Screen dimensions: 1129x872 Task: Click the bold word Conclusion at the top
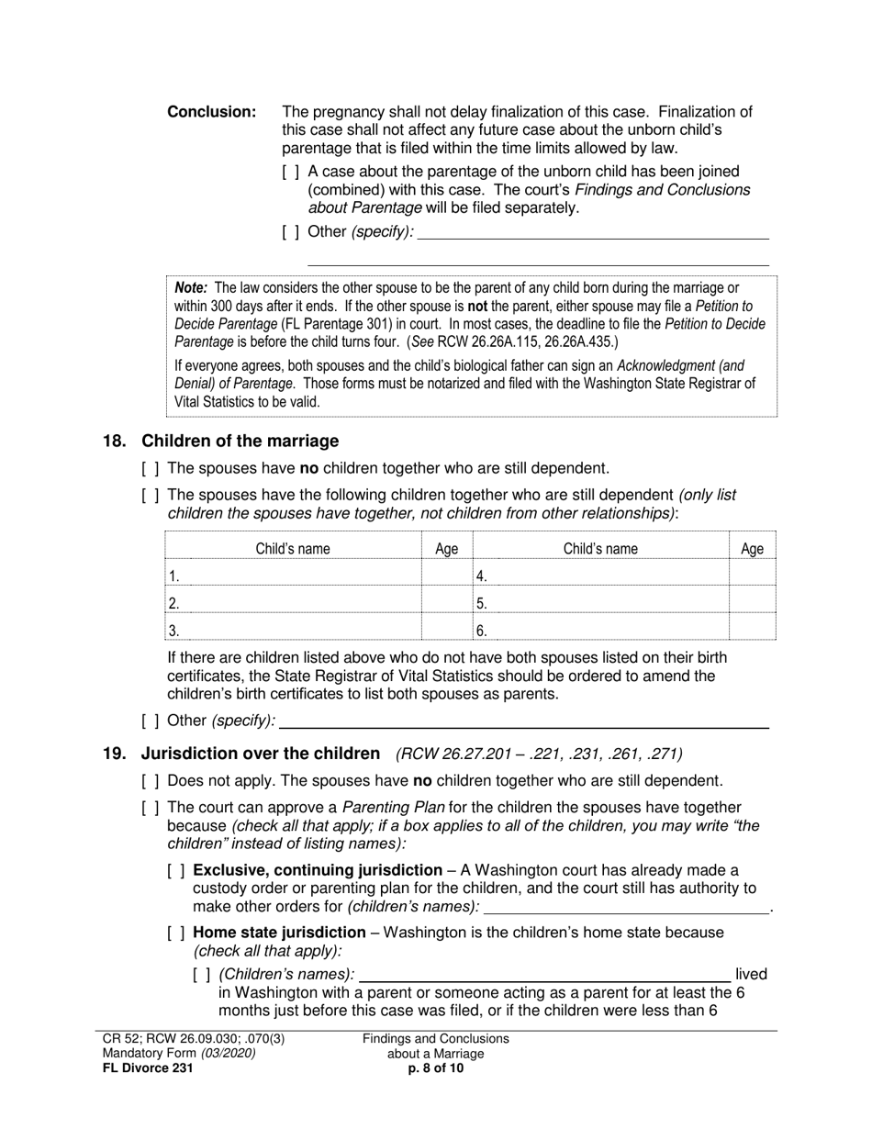211,112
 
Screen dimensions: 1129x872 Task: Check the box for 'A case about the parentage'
290,172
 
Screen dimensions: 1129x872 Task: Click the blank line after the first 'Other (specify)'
592,232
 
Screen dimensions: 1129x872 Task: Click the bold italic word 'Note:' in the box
192,288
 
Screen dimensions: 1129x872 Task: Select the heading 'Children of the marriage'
240,442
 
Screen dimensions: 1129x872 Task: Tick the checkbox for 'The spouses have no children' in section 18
151,468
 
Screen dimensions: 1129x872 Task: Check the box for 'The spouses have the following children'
151,496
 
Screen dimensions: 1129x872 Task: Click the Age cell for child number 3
446,630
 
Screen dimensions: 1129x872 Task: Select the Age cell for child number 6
752,630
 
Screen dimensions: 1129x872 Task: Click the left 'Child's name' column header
292,549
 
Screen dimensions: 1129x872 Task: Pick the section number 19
114,754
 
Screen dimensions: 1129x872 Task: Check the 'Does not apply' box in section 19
151,781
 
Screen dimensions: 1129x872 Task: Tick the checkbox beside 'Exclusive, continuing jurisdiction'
176,870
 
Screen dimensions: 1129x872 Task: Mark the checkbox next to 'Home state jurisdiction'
176,933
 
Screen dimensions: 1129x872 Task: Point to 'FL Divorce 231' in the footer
148,1068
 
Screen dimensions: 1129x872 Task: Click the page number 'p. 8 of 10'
435,1068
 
